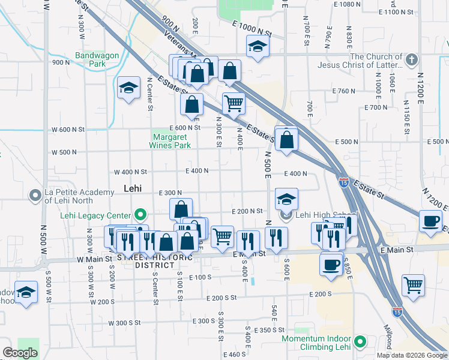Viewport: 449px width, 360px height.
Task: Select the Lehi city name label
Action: click(x=132, y=188)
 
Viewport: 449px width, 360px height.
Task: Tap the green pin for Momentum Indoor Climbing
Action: click(x=360, y=342)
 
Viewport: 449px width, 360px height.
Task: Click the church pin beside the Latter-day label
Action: click(x=411, y=59)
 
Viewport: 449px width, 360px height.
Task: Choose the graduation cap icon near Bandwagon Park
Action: click(x=128, y=88)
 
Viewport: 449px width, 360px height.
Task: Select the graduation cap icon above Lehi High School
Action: click(x=287, y=199)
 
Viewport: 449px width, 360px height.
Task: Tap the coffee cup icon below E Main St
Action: click(x=331, y=264)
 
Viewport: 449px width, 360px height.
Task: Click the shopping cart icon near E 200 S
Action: click(x=413, y=285)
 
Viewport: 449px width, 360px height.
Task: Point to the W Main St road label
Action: click(x=95, y=259)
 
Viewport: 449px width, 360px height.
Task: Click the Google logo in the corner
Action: click(x=20, y=353)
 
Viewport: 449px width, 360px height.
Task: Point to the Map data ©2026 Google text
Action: click(x=412, y=355)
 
